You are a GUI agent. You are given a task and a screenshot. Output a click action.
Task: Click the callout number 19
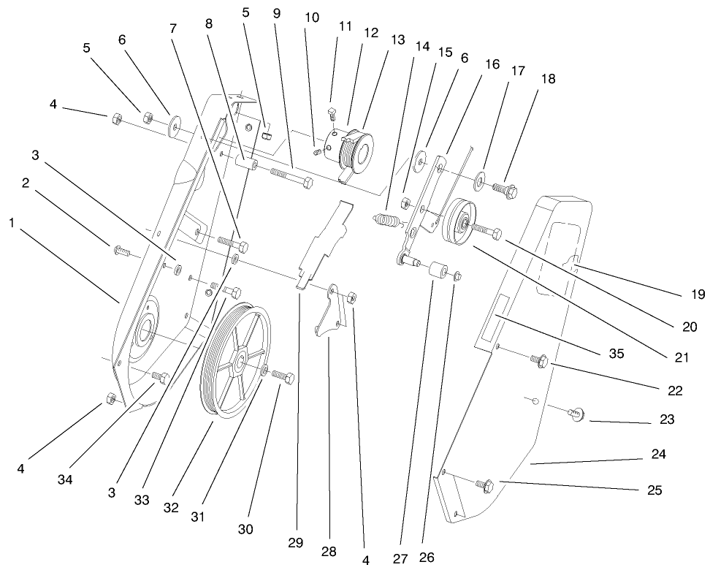pyautogui.click(x=697, y=295)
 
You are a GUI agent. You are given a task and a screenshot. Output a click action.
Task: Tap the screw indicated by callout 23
pyautogui.click(x=573, y=414)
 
